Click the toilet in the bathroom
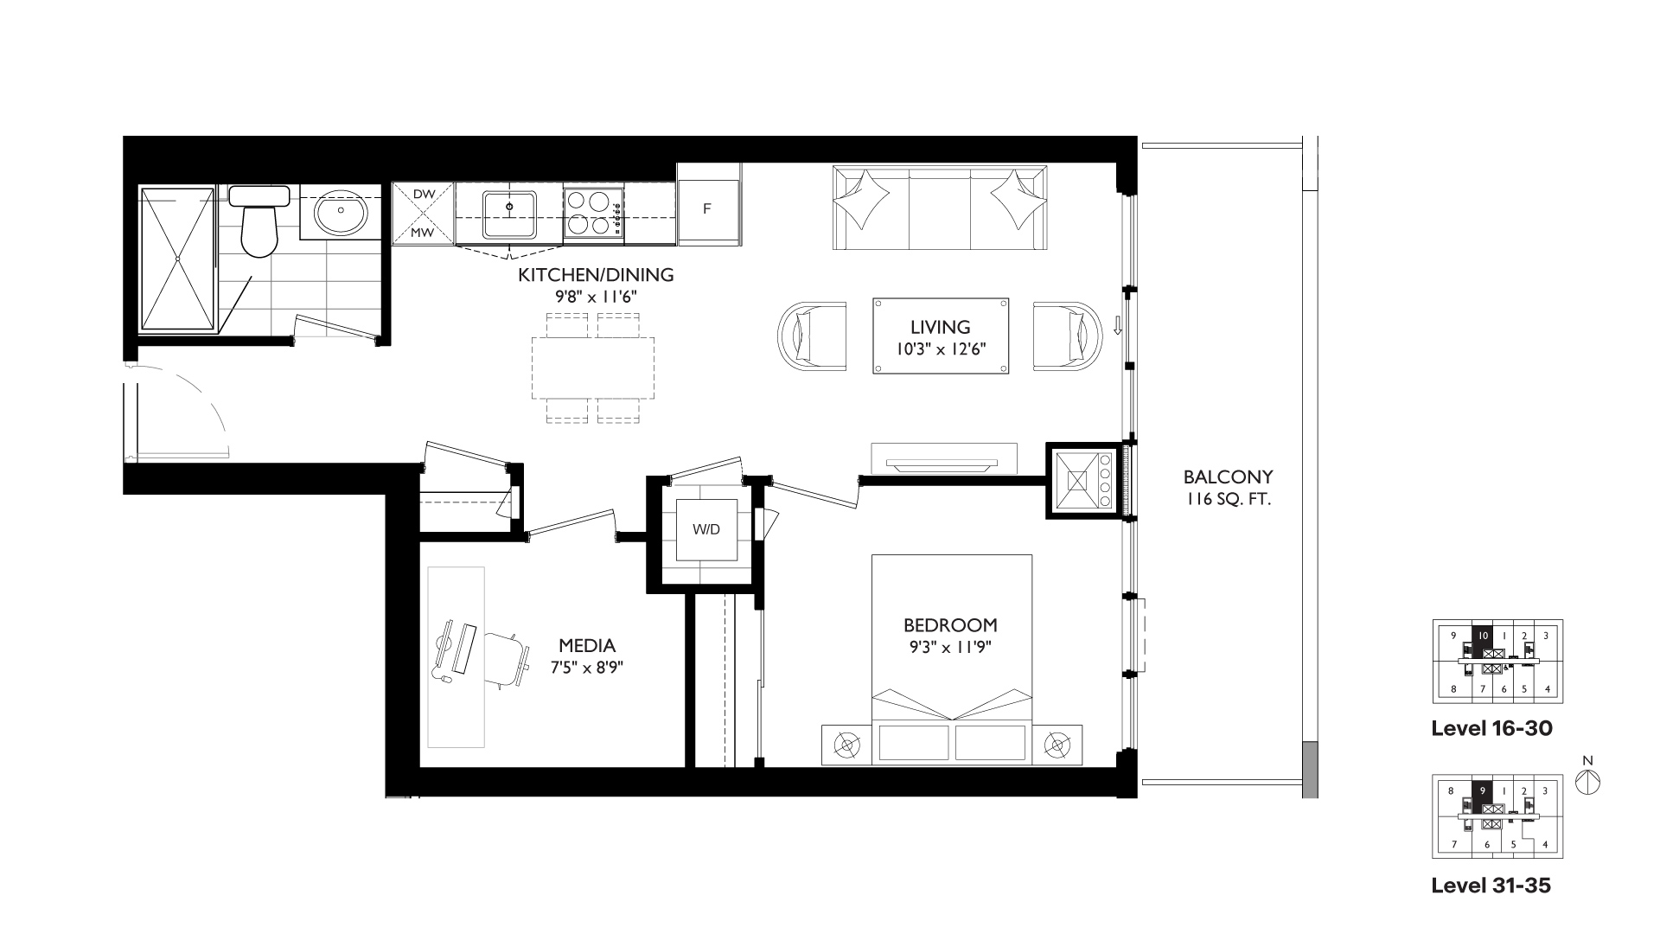coord(258,221)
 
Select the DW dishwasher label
coord(424,195)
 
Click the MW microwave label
coord(423,233)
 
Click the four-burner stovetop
coord(593,213)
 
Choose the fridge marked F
coord(708,209)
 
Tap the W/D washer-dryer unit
coord(706,529)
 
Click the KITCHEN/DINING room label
coord(596,275)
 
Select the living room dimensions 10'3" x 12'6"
coord(941,349)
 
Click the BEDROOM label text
coord(950,624)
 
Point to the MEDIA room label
coord(587,645)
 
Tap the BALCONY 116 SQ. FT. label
coord(1228,487)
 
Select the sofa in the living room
coord(940,208)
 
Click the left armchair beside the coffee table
coord(813,336)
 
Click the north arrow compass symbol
coord(1588,781)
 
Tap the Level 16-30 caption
coord(1491,728)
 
